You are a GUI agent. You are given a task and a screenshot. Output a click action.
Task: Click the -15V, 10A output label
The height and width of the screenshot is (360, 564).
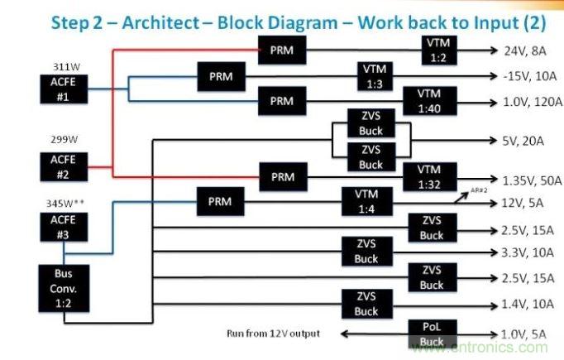[x=525, y=76]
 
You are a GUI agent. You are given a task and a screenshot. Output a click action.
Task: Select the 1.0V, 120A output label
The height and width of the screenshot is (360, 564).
[x=527, y=103]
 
